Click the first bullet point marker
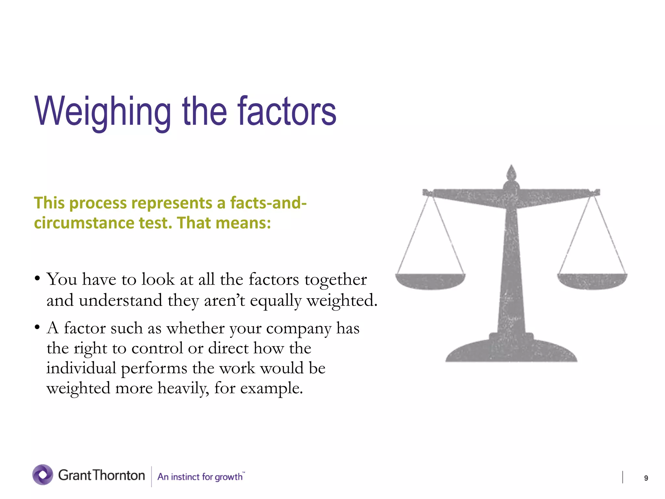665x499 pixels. tap(38, 279)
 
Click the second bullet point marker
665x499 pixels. tap(38, 327)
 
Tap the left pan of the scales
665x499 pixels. tap(430, 281)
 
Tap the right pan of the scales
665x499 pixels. tap(592, 281)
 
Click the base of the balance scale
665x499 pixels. tap(511, 351)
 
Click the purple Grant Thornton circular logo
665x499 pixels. tap(43, 475)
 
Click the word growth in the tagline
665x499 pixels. tap(228, 477)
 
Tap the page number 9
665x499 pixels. tap(646, 478)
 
